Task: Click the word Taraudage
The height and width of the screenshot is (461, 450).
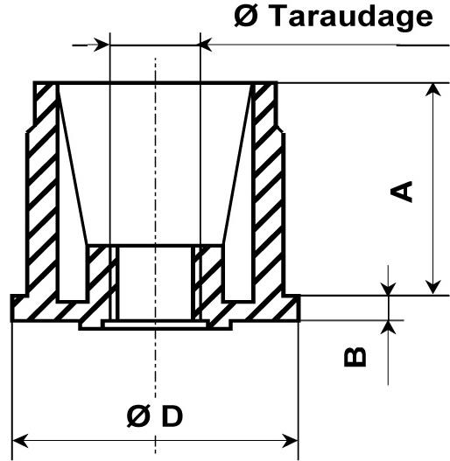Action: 351,17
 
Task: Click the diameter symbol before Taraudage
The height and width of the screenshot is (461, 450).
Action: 246,16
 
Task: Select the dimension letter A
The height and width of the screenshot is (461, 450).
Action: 402,192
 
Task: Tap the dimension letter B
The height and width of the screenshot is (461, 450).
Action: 355,357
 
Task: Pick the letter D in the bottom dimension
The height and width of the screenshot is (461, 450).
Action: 172,416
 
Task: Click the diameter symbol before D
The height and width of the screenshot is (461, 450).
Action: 138,416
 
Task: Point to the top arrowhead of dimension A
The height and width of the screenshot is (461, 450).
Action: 433,90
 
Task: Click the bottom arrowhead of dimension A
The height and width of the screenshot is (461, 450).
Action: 433,287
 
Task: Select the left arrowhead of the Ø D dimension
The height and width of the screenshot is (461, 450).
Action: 20,441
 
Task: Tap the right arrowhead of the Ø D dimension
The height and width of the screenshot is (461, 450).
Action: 290,441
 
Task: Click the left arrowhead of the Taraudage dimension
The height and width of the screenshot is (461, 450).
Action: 102,45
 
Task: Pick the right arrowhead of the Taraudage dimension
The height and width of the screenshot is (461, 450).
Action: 206,45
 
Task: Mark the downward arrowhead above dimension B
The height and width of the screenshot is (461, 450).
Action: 388,289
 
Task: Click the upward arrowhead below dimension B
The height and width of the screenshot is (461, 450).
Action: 388,327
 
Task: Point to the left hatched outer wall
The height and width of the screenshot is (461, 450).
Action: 43,191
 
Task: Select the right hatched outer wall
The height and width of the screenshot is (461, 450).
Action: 269,191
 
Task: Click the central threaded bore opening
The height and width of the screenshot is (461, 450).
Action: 155,283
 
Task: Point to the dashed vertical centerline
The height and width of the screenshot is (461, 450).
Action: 155,255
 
